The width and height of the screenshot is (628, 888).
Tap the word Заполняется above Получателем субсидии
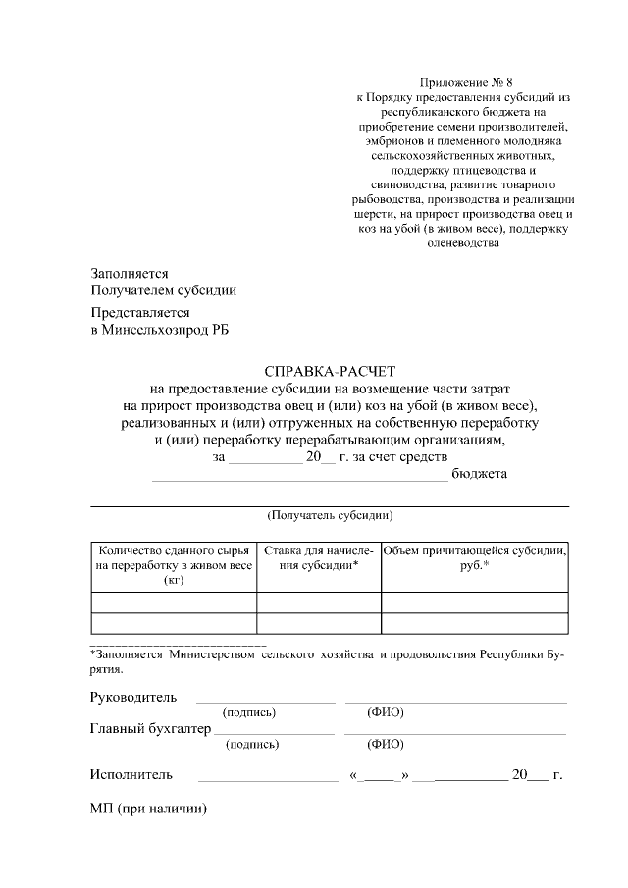click(x=130, y=274)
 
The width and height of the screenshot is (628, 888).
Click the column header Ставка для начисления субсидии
click(x=319, y=557)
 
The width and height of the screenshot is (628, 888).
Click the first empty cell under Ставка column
click(x=319, y=602)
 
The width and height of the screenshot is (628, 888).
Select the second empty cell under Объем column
click(x=475, y=623)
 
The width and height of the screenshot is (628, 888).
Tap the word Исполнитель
click(x=131, y=774)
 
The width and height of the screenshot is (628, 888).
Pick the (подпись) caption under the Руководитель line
click(x=249, y=712)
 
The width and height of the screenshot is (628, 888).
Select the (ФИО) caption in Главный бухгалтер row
click(x=386, y=744)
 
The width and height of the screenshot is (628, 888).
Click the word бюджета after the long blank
click(x=479, y=474)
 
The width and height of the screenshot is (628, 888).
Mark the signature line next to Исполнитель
click(x=267, y=779)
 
